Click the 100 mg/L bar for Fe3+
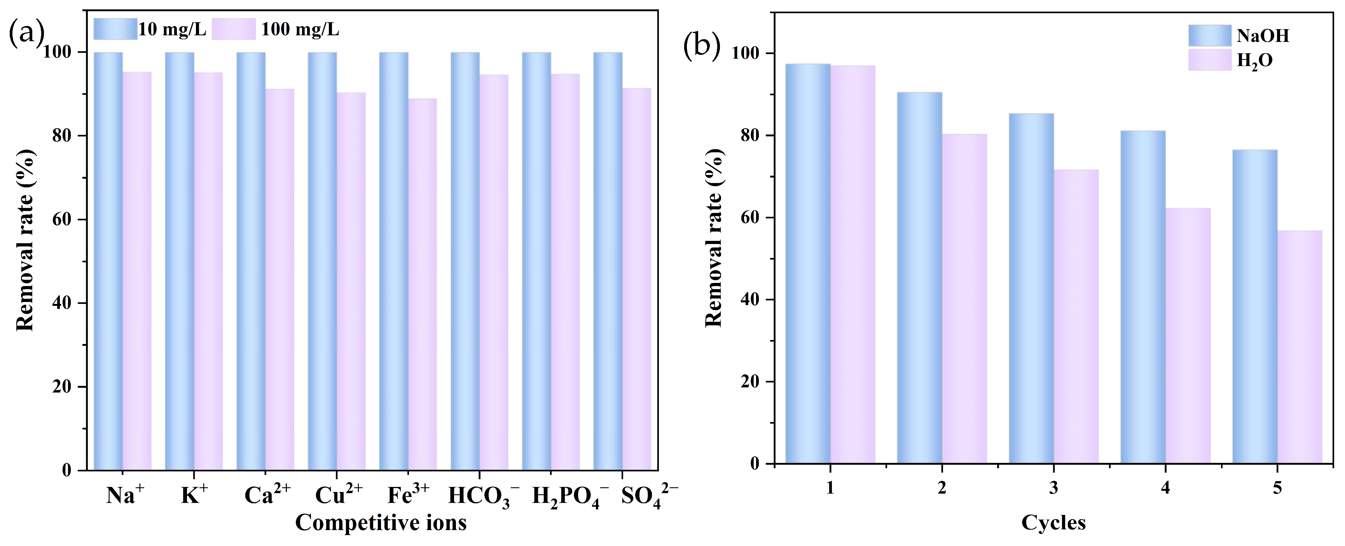point(423,284)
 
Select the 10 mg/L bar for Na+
point(108,261)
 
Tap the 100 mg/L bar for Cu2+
point(351,282)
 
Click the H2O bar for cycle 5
point(1300,347)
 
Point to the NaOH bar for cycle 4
point(1142,298)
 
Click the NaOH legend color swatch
point(1209,35)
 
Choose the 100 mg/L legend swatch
point(233,29)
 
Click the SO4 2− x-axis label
point(648,495)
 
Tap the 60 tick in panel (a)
point(61,219)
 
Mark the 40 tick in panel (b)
point(750,300)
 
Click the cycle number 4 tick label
point(1165,488)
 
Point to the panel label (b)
point(701,46)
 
